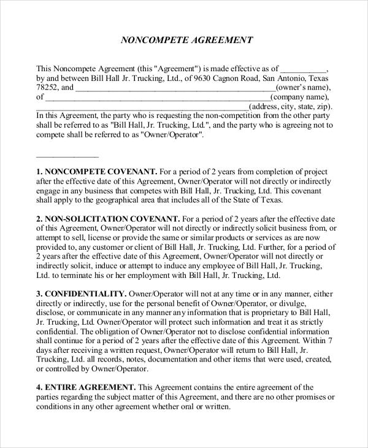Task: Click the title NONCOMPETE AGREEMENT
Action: coord(186,41)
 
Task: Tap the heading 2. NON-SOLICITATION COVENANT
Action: coord(108,219)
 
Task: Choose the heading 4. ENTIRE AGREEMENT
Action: coord(86,387)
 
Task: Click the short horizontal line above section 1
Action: coord(67,157)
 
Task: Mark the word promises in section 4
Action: coord(305,397)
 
